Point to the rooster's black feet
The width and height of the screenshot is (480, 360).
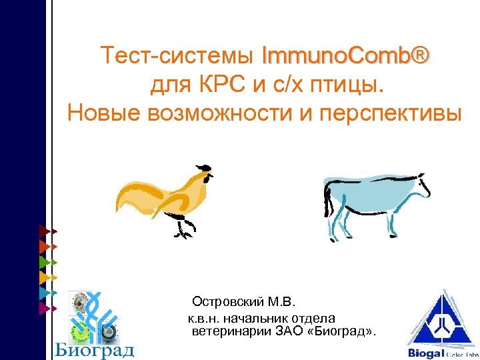[x=183, y=231]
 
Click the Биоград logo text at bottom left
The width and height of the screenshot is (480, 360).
[x=94, y=349]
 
